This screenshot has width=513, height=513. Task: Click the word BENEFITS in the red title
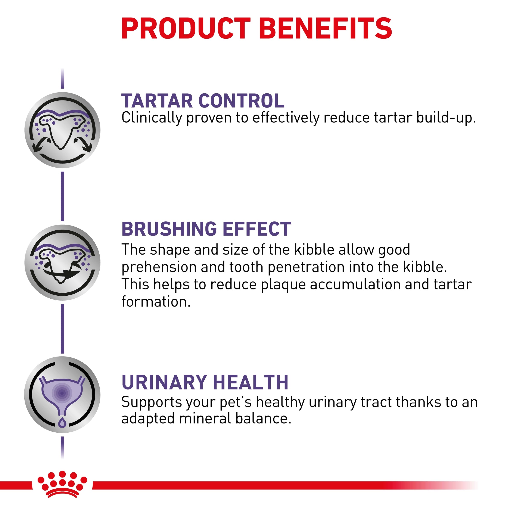(327, 28)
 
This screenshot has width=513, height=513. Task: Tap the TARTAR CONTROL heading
(203, 101)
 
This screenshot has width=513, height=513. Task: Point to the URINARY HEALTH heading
(205, 382)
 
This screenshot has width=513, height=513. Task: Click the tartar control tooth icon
(62, 130)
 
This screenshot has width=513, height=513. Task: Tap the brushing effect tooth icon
(62, 263)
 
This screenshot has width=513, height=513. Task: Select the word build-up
(446, 118)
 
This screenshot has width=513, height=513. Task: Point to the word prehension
(159, 268)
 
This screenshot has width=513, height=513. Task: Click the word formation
(156, 302)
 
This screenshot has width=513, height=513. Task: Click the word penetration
(306, 267)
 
